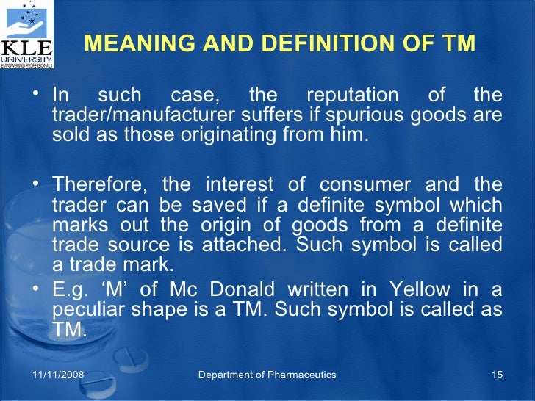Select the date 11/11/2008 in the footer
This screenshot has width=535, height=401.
pyautogui.click(x=58, y=375)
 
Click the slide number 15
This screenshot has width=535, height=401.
pyautogui.click(x=496, y=375)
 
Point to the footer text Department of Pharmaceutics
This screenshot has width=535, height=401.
pyautogui.click(x=267, y=375)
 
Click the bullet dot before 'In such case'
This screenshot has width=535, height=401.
pyautogui.click(x=37, y=94)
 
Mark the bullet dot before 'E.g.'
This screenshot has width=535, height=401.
pyautogui.click(x=37, y=291)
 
